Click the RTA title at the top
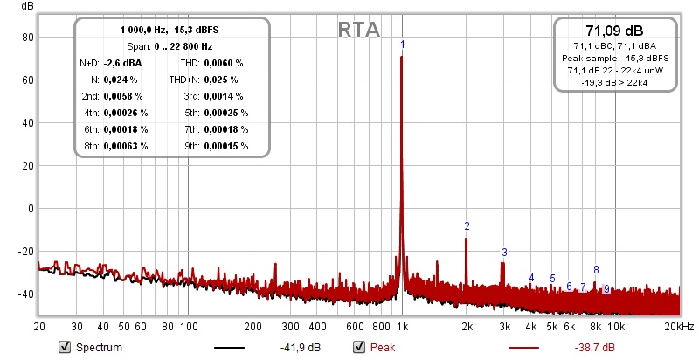[359, 30]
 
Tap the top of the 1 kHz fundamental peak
[401, 58]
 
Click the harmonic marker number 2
[467, 226]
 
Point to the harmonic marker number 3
[503, 253]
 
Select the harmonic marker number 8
[596, 270]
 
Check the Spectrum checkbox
[64, 347]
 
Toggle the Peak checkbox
[357, 347]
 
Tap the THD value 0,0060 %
[224, 63]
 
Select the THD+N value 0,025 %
[224, 80]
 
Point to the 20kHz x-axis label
[678, 327]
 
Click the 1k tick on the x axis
[402, 327]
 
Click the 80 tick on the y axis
[27, 38]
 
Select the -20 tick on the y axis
[24, 252]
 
